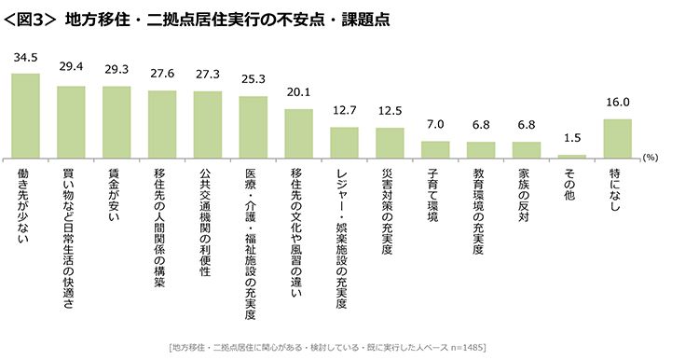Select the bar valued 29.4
click(x=71, y=121)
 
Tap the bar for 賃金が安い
click(x=116, y=121)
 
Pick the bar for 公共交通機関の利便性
click(x=207, y=124)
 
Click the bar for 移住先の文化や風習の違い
click(x=298, y=132)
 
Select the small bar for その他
click(x=571, y=155)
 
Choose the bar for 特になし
click(x=617, y=138)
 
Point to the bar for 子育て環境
click(x=435, y=148)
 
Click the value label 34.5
click(x=25, y=58)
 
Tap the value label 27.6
click(x=162, y=76)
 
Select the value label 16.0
click(x=617, y=104)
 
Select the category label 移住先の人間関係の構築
click(x=162, y=224)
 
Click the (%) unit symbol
click(x=650, y=159)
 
